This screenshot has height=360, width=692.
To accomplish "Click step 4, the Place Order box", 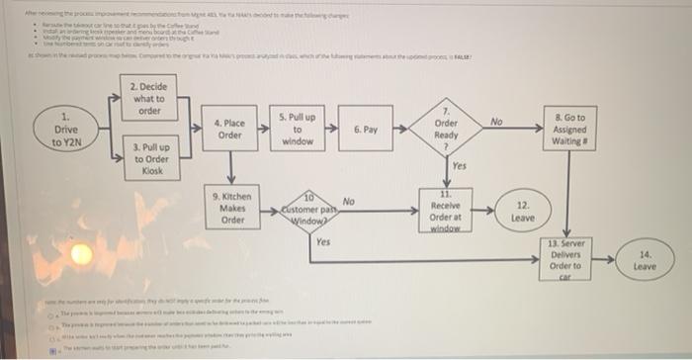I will coord(229,129).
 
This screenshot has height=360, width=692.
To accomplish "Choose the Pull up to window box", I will coord(297,129).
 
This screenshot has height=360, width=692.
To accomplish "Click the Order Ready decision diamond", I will coord(446,130).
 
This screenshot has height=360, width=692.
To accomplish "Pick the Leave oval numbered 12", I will coord(523,210).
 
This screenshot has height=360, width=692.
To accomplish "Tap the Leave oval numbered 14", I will coord(644,260).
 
